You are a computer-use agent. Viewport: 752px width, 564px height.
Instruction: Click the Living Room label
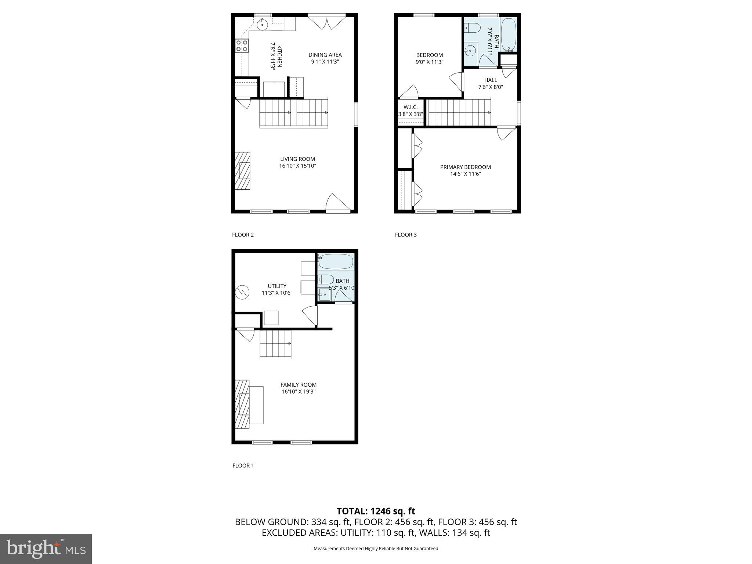point(297,159)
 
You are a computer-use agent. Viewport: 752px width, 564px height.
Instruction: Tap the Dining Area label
point(325,55)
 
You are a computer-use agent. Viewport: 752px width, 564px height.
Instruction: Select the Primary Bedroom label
point(465,167)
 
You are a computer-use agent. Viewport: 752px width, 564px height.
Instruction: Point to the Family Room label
point(298,385)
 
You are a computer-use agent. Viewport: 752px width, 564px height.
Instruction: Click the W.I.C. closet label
point(411,107)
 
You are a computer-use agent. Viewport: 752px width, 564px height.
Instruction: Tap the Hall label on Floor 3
point(491,80)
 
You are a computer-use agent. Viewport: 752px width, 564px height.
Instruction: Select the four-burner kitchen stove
point(242,46)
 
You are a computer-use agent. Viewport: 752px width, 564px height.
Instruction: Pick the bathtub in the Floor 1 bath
point(336,261)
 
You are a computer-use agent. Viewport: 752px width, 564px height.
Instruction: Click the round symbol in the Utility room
point(242,292)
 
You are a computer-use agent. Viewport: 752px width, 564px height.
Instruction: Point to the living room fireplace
point(243,171)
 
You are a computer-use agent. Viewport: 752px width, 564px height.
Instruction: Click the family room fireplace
point(242,404)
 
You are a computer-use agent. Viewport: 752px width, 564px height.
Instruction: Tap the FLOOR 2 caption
point(243,235)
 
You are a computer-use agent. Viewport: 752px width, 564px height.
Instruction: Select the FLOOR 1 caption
point(243,466)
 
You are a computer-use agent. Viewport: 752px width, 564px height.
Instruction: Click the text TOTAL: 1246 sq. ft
point(376,511)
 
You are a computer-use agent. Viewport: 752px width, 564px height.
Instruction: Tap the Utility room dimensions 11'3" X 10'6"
point(277,293)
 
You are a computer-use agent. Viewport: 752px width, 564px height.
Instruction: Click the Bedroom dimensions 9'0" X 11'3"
point(429,62)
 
